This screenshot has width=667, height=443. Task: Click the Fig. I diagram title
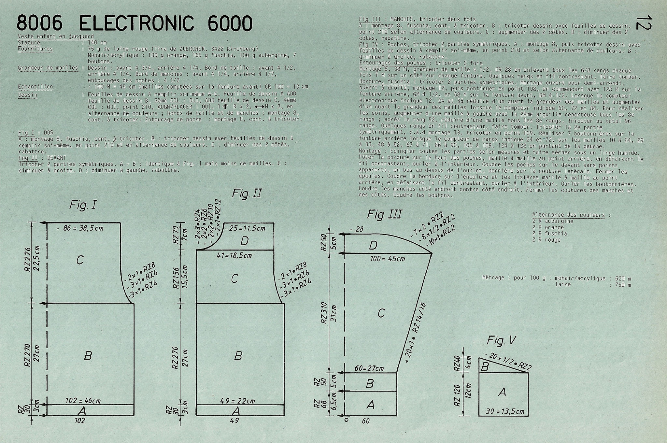click(x=83, y=205)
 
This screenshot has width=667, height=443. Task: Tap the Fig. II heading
click(x=247, y=194)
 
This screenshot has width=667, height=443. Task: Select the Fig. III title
click(x=384, y=214)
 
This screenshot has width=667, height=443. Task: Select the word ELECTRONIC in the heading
click(x=136, y=23)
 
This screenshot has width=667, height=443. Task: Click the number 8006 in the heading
click(x=39, y=23)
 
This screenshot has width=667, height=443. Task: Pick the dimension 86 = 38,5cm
click(x=80, y=228)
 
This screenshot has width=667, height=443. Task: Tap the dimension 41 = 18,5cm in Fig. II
click(x=234, y=256)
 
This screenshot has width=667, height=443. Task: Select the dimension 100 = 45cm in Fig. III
click(x=388, y=259)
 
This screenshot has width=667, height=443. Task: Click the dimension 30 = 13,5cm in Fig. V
click(x=505, y=411)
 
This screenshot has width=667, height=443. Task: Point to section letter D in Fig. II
click(x=244, y=241)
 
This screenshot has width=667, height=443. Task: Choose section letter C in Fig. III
click(x=381, y=313)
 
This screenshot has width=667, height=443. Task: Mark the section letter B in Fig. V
click(x=485, y=367)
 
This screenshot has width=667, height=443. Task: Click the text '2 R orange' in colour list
click(x=548, y=227)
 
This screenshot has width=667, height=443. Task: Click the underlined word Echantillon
click(x=35, y=87)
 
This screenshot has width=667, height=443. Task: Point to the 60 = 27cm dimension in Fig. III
click(x=369, y=369)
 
